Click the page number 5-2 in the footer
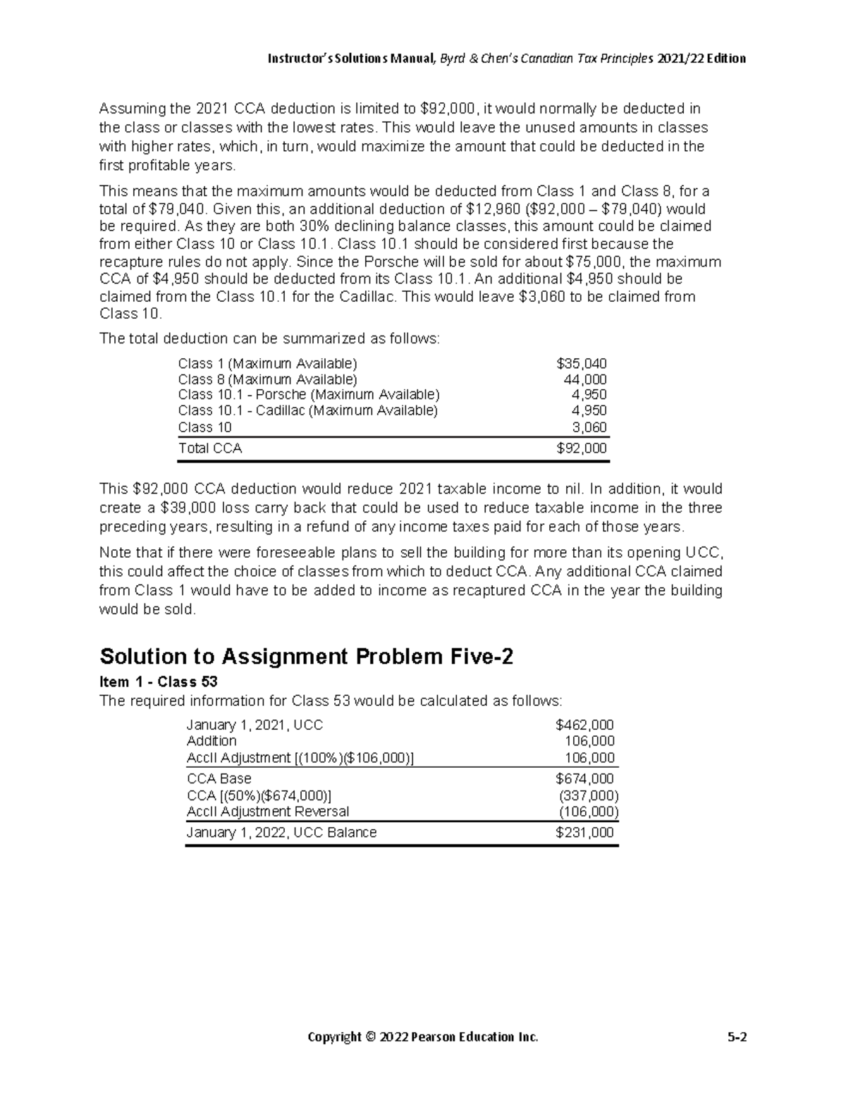(x=737, y=1037)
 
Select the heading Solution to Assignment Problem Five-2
(x=307, y=656)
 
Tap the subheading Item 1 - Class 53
(x=159, y=682)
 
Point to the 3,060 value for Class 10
(x=588, y=427)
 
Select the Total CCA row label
(x=209, y=448)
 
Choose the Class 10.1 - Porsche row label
(x=308, y=395)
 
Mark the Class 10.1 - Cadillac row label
(x=307, y=411)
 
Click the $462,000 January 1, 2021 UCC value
(x=584, y=725)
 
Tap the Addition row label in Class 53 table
(x=211, y=741)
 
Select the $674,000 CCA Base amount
(x=584, y=779)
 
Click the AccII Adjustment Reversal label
(x=267, y=812)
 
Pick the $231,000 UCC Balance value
(x=584, y=833)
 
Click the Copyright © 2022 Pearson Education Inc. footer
(x=422, y=1037)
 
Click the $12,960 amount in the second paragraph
(x=489, y=209)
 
